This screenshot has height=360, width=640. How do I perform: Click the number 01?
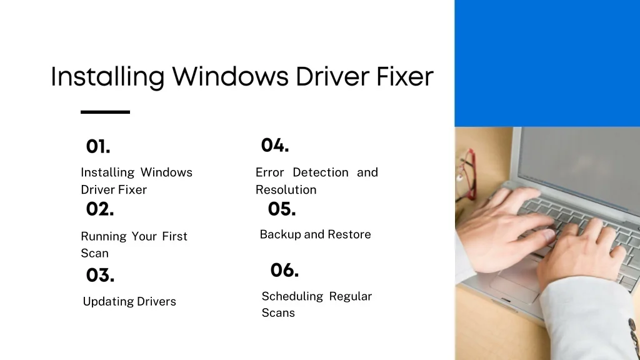(x=98, y=146)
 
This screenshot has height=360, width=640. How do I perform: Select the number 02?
(x=100, y=209)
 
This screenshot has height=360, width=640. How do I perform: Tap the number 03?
(x=100, y=275)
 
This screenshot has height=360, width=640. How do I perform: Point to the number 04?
(x=275, y=145)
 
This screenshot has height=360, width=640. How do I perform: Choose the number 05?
(x=282, y=209)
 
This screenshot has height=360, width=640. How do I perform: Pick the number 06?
(x=284, y=270)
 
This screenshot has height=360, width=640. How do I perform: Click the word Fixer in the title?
(x=404, y=76)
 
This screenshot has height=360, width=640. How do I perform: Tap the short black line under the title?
(x=105, y=112)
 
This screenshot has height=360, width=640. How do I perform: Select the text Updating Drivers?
(x=129, y=302)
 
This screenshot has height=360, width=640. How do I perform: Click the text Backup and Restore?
(x=315, y=234)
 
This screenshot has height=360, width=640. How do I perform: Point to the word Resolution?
(x=286, y=190)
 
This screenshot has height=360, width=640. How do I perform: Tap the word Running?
(x=104, y=237)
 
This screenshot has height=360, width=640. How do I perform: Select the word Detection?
(x=321, y=172)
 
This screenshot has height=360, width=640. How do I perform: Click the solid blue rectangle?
(x=547, y=63)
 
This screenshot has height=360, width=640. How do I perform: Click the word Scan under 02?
(x=95, y=254)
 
